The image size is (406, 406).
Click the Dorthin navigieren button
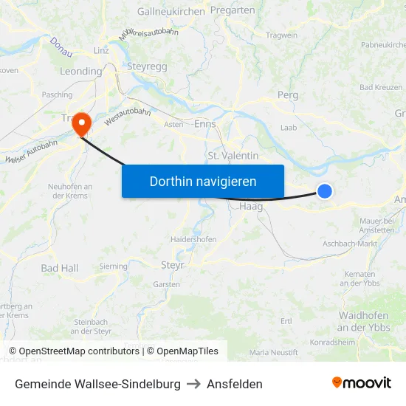click(x=203, y=181)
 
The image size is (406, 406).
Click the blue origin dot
click(x=324, y=191)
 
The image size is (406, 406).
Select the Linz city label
click(x=101, y=50)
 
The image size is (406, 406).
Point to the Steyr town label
click(x=172, y=264)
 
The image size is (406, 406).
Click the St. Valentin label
click(x=233, y=156)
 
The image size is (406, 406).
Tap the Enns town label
click(x=204, y=123)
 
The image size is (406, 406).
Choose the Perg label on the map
click(x=287, y=95)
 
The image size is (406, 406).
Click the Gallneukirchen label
click(x=170, y=11)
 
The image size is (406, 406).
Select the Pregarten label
click(x=233, y=10)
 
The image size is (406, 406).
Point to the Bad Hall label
click(x=59, y=268)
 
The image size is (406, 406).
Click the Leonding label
click(x=80, y=72)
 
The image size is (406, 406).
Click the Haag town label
click(x=251, y=207)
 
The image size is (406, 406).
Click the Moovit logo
click(x=362, y=383)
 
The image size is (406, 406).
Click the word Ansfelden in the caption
click(x=235, y=384)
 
